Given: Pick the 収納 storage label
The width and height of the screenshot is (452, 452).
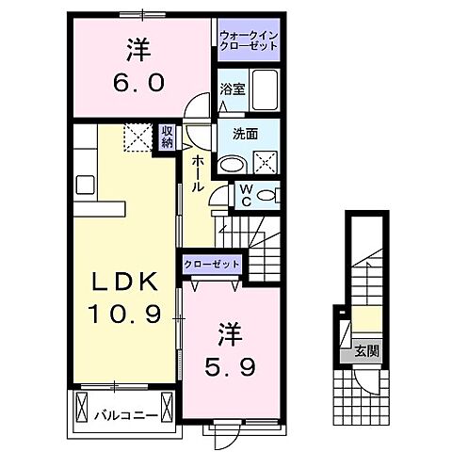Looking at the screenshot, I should (x=167, y=137).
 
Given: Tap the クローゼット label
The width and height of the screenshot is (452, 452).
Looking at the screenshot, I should (x=212, y=266).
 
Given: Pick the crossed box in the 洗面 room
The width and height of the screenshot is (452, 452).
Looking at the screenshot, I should (x=266, y=161).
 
